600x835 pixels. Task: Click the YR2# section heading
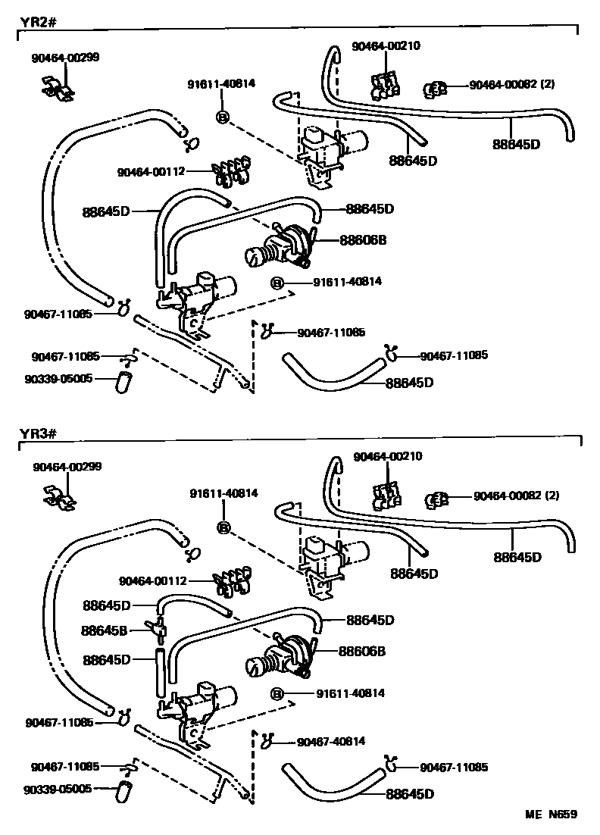coord(31,21)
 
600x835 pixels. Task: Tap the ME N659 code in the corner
coord(552,815)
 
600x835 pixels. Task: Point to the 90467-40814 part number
coord(331,740)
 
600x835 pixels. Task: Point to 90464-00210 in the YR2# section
coord(386,46)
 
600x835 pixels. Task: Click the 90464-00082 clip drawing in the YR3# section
coord(438,499)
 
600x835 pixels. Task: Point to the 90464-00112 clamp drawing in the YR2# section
coord(233,172)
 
